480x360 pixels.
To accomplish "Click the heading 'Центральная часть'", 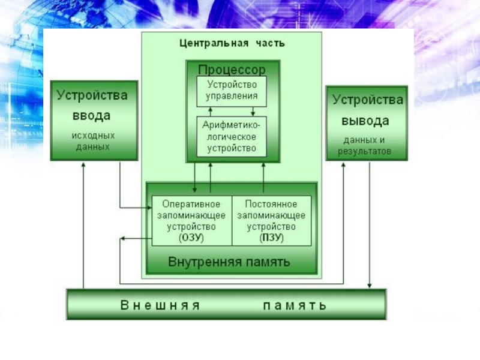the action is click(232, 43).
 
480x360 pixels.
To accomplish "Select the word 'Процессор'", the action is click(232, 70).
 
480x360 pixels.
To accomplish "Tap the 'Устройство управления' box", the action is click(232, 90).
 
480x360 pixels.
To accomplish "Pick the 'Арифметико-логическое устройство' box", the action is click(232, 136).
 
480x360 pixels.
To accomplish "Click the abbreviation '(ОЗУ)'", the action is click(191, 238).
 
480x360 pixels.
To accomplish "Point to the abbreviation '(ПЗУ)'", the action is click(271, 238).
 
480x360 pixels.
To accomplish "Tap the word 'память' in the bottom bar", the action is click(295, 305).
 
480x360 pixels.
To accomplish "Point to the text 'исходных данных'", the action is click(93, 141).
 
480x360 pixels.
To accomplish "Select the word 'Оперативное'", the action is click(191, 205).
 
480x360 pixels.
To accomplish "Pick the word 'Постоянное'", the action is click(271, 205).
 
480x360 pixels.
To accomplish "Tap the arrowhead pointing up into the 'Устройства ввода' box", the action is click(84, 164).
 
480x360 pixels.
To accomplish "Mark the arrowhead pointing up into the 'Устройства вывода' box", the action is click(343, 164).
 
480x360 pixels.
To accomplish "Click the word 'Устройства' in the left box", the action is click(92, 95).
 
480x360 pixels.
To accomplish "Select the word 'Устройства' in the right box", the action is click(368, 100).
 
